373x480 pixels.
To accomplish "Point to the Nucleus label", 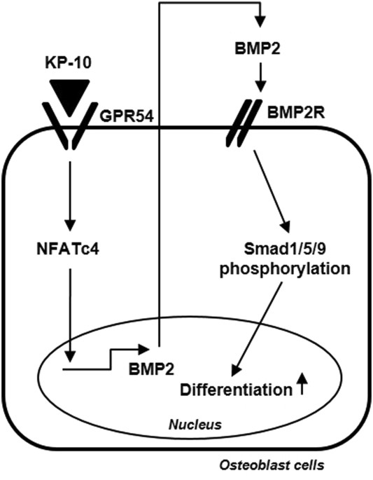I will coord(195,424).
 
